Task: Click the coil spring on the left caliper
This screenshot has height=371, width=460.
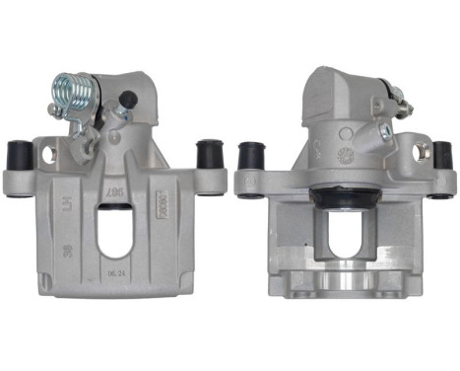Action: click(x=74, y=95)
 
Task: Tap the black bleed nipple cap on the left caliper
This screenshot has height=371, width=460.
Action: click(x=127, y=99)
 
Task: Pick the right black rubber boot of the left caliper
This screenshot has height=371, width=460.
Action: click(x=208, y=153)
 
